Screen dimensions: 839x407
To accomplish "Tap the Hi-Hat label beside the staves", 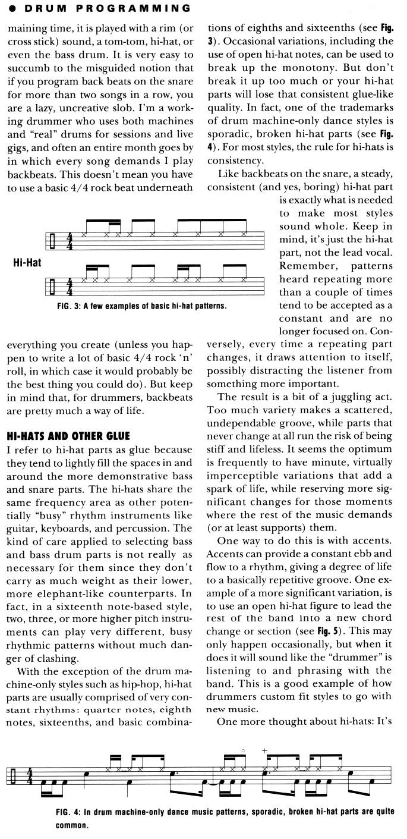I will tap(27, 262).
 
